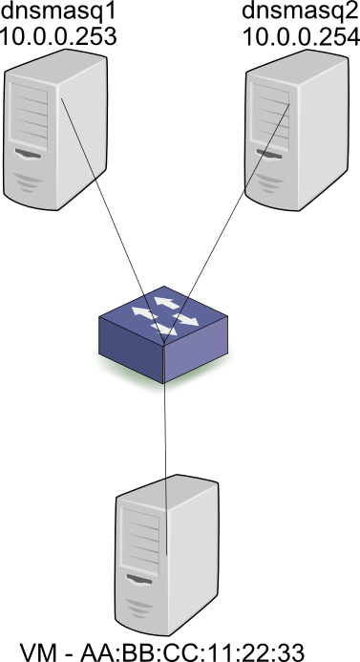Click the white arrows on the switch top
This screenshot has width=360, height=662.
pyautogui.click(x=165, y=312)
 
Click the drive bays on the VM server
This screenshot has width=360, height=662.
pyautogui.click(x=139, y=545)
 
